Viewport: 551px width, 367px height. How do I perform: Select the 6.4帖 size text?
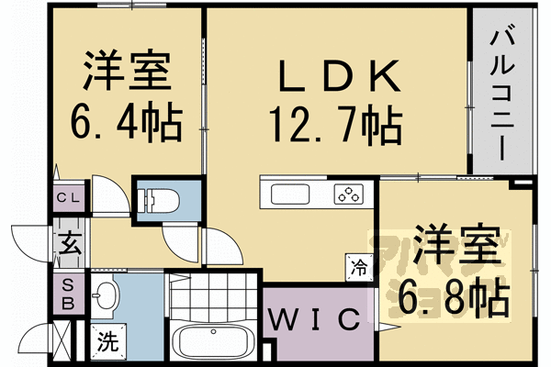coord(126,119)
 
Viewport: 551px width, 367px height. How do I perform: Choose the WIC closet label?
coord(313,319)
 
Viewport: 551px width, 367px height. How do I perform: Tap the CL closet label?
coord(69,197)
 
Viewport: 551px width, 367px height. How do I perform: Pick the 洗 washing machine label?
coord(108,346)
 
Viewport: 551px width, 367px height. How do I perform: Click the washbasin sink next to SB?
coord(106,295)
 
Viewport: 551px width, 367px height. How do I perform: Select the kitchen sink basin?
coord(292,195)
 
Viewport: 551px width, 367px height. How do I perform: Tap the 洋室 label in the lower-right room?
coord(454,248)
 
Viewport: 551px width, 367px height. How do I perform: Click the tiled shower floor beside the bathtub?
coord(215,299)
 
